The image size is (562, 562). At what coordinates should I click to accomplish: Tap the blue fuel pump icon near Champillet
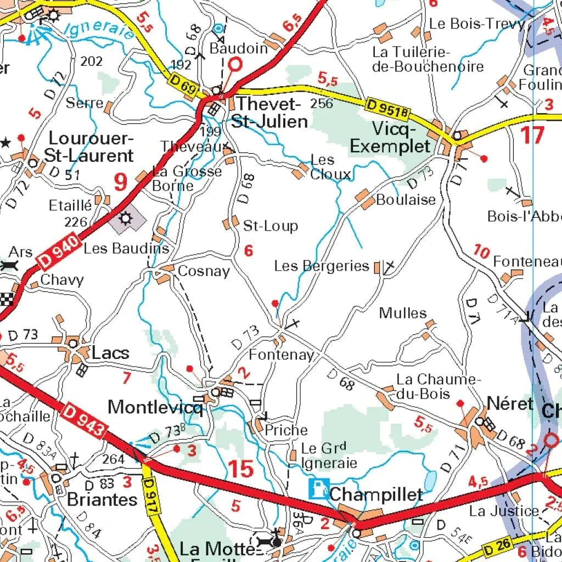tap(317, 488)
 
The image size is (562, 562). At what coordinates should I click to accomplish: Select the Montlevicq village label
tap(155, 407)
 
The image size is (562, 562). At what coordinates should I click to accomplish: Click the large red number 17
tap(532, 135)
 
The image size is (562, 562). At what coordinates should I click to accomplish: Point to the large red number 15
tap(240, 469)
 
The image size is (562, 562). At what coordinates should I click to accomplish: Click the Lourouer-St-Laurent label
tap(89, 147)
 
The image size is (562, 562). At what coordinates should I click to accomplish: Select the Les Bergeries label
tap(322, 266)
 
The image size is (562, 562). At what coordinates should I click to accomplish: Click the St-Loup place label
tap(270, 226)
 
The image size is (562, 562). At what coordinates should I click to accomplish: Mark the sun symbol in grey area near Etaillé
tap(127, 219)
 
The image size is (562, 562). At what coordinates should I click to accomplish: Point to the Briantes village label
tap(102, 499)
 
